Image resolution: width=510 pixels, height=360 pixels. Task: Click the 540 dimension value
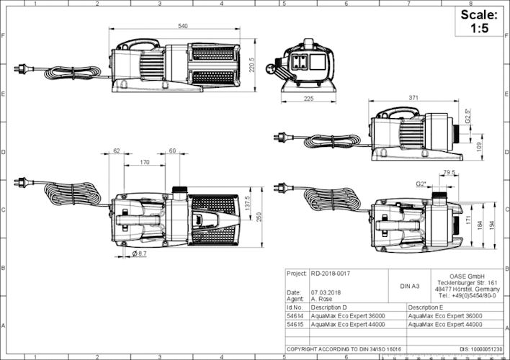click(x=183, y=26)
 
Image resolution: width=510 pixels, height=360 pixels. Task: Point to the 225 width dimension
click(x=309, y=99)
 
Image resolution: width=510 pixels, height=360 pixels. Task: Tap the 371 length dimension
click(x=413, y=96)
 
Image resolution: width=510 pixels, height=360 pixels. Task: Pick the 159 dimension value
click(x=480, y=146)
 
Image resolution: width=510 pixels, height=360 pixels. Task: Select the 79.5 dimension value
click(x=449, y=173)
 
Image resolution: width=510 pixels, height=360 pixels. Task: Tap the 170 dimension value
click(x=145, y=163)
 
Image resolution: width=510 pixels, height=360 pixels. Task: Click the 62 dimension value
click(x=117, y=151)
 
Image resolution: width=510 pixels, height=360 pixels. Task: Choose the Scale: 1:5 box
click(x=478, y=22)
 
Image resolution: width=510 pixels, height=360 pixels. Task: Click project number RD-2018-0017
click(x=331, y=274)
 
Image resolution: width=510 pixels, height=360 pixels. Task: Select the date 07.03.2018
click(x=325, y=292)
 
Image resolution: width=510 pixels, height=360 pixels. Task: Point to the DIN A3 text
click(x=409, y=286)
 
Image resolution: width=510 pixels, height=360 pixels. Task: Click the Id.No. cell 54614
click(x=294, y=316)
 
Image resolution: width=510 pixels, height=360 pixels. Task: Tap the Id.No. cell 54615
click(x=294, y=325)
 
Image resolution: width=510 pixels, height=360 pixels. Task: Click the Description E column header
click(x=426, y=307)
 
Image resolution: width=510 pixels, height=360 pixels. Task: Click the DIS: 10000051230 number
click(x=480, y=349)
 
